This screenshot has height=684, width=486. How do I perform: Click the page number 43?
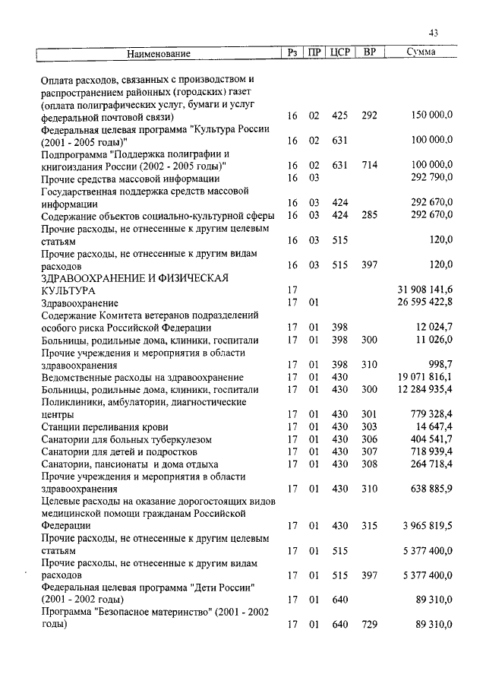434,33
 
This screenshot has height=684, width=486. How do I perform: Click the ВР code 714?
369,165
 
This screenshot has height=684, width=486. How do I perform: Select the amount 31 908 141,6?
425,290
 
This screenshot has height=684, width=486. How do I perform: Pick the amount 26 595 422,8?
425,302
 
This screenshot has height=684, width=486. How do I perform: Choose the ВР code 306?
369,440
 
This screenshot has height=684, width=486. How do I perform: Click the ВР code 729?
369,625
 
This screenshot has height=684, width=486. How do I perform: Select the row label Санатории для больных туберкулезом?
126,440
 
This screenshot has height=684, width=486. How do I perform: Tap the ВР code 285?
369,215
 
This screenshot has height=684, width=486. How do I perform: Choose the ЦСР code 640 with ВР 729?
339,625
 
